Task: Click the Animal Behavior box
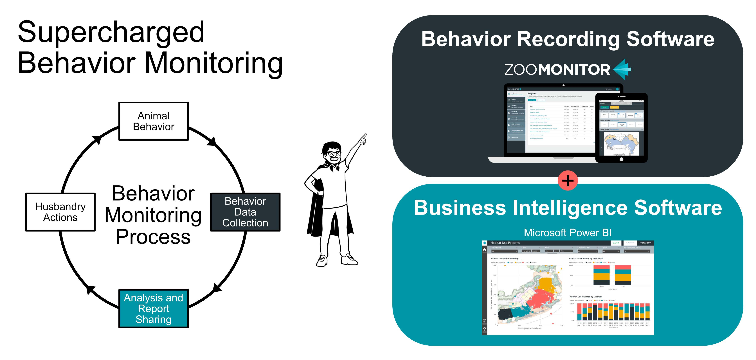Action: [154, 121]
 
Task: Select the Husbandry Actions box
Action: [60, 212]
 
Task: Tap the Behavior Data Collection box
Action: [245, 212]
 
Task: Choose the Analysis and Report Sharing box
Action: [154, 308]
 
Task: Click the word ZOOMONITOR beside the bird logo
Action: [557, 70]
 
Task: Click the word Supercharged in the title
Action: [111, 32]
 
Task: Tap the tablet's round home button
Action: [621, 159]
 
